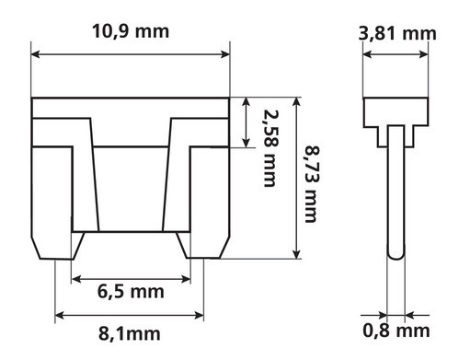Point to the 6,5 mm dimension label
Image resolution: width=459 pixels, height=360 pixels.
[131, 293]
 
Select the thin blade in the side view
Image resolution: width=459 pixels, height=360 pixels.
[395, 193]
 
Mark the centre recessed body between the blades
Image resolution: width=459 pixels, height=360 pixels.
[130, 184]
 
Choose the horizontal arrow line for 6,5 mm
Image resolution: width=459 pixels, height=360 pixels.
[131, 277]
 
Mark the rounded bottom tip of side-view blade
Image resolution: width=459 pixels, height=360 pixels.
[395, 255]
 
